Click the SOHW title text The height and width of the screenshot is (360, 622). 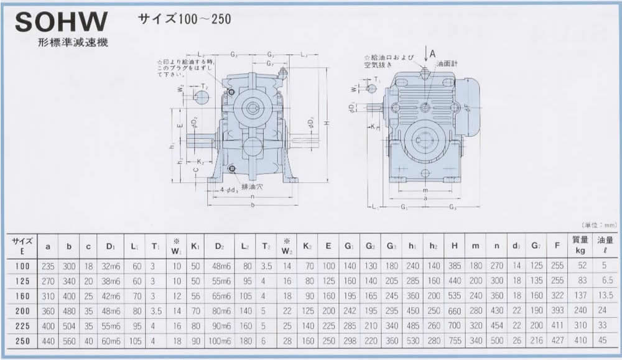click(62, 23)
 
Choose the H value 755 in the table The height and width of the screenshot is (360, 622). click(455, 341)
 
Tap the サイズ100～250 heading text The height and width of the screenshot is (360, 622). click(184, 19)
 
